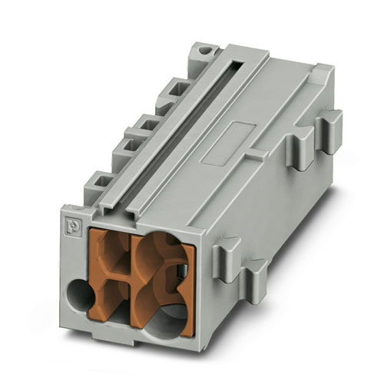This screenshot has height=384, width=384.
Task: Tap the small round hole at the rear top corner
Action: click(x=204, y=51)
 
